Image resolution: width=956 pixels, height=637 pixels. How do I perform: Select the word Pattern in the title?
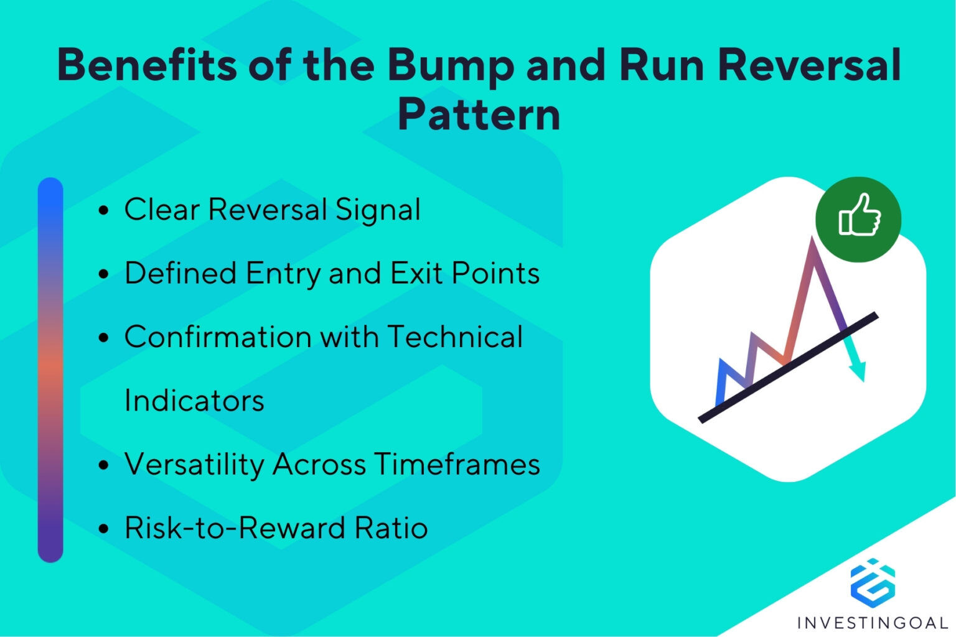479,115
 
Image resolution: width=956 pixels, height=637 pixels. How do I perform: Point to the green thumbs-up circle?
858,219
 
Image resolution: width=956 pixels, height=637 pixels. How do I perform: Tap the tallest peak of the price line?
812,241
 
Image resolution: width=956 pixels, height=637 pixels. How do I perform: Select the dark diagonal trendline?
788,367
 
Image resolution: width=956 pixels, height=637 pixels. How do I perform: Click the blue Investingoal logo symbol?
873,582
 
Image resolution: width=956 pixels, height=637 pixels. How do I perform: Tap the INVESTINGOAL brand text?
873,622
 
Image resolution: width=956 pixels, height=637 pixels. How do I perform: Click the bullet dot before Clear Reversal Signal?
104,210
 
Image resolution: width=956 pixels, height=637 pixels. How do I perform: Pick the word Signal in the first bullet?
378,210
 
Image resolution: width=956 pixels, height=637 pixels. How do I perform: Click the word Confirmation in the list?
217,337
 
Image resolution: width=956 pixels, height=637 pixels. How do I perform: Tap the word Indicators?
194,401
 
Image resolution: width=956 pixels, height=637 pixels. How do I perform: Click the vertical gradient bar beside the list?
50,370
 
